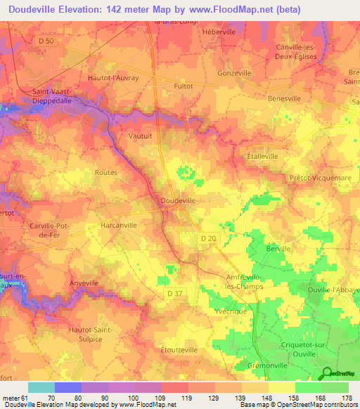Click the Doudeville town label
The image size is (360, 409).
[x=178, y=200]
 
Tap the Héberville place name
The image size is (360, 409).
[x=219, y=32]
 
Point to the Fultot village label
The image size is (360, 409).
[x=182, y=86]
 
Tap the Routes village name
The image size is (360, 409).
[x=105, y=171]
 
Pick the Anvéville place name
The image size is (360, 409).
[x=84, y=282]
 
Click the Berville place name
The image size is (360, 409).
[x=278, y=249]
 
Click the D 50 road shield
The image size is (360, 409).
[x=46, y=42]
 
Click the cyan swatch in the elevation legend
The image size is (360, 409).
[x=41, y=387]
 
